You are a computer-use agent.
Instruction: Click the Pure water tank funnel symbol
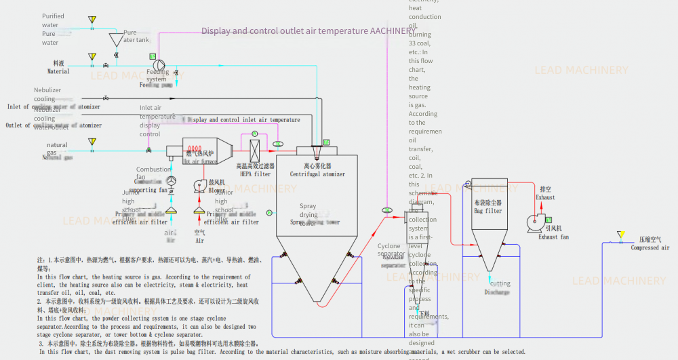click(x=115, y=40)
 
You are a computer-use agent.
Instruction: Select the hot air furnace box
click(x=202, y=149)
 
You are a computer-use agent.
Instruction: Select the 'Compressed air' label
click(x=650, y=248)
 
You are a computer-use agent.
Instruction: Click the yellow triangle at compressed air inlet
click(x=620, y=235)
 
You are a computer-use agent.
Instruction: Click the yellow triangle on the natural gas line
click(x=92, y=142)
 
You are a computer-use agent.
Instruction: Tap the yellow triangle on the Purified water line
click(x=92, y=20)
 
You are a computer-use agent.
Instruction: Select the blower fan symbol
click(x=200, y=186)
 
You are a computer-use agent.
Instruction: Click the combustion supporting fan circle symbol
click(x=171, y=181)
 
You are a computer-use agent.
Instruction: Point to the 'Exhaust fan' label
click(x=553, y=237)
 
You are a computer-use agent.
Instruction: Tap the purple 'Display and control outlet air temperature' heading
click(x=308, y=31)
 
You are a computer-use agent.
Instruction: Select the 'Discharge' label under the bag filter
click(x=496, y=292)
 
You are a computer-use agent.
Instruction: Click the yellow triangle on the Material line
click(x=92, y=57)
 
